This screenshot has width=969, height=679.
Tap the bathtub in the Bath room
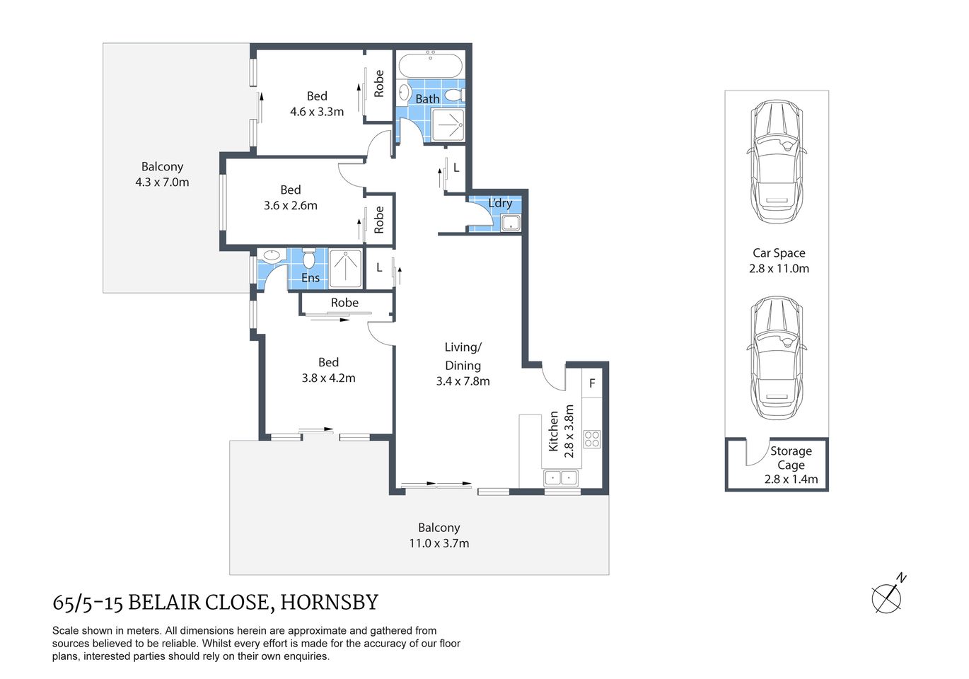point(430,69)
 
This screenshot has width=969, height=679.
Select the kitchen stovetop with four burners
point(592,439)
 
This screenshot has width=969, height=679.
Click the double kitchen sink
point(561,478)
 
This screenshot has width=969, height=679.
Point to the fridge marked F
point(592,383)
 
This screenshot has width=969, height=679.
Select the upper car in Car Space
point(776,161)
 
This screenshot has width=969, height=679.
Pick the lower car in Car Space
point(776,358)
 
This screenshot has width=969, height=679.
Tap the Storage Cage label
point(791,458)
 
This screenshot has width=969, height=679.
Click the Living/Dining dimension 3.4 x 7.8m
point(463,381)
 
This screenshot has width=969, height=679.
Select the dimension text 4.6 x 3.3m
point(317,112)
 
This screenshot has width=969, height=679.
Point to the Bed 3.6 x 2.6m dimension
point(291,206)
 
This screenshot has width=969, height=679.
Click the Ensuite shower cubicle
point(345,268)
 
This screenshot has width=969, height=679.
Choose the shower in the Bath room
point(448,125)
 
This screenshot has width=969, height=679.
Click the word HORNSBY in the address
point(330,603)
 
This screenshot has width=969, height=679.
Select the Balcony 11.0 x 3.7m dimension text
point(439,543)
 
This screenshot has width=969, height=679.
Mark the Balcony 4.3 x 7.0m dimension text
point(162,182)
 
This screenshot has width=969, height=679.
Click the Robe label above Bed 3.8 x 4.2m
point(344,303)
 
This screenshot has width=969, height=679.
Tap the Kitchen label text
point(553,431)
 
